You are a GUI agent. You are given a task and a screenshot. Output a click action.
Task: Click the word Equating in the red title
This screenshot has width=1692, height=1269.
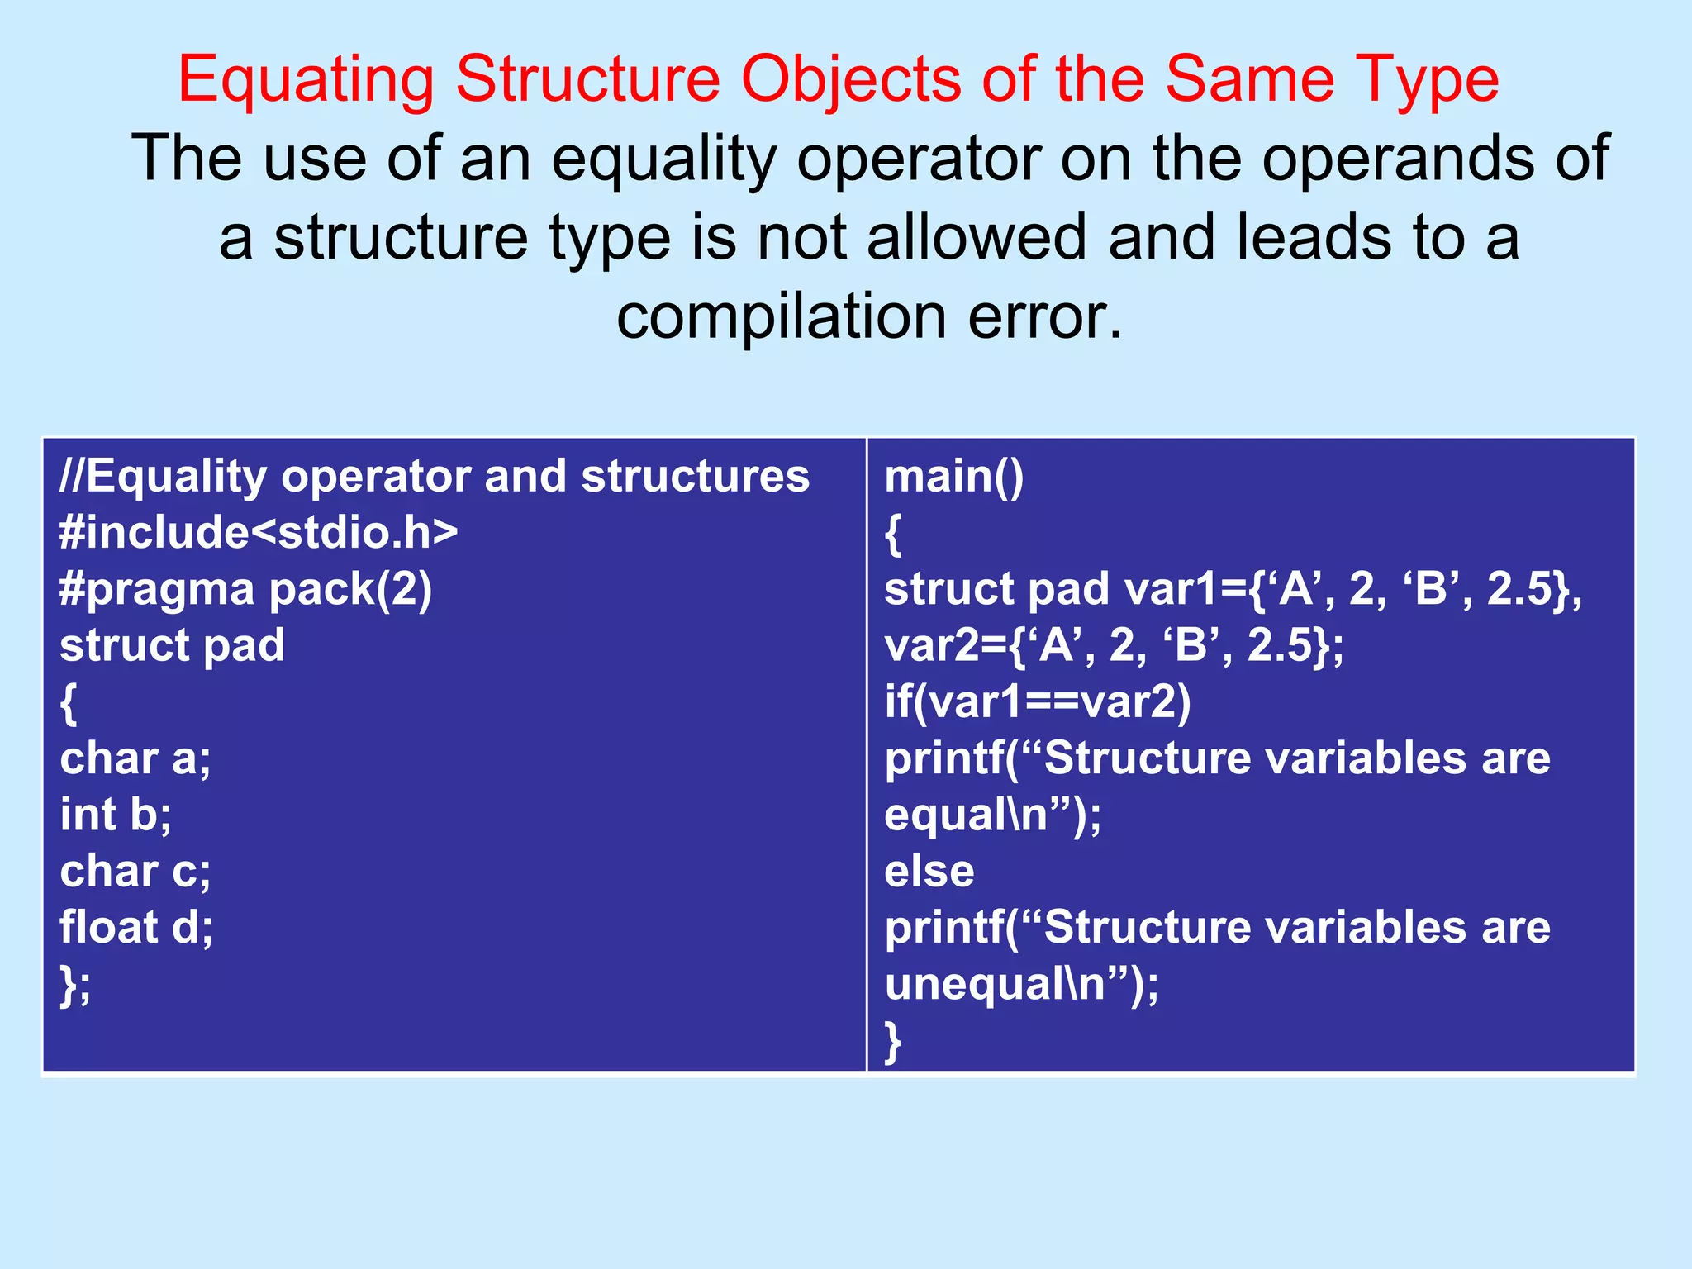click(306, 80)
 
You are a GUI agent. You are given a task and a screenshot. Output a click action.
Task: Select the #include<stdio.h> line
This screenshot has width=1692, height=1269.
click(259, 532)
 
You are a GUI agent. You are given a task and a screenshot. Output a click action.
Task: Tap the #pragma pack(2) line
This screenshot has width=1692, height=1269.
click(245, 589)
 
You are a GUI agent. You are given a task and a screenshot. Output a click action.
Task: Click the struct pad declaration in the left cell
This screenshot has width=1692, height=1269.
click(172, 645)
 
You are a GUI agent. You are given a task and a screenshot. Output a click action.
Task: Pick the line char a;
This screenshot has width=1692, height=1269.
click(135, 758)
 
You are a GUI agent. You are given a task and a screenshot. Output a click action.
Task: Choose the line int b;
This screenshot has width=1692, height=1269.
click(116, 815)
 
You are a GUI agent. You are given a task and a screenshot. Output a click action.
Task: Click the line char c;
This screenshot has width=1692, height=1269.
click(135, 871)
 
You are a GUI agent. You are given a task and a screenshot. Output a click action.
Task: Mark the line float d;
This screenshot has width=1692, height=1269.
click(136, 927)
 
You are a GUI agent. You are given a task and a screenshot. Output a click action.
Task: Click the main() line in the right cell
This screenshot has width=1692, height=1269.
click(953, 477)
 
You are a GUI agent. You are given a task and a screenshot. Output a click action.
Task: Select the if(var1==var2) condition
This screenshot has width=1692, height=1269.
click(1037, 702)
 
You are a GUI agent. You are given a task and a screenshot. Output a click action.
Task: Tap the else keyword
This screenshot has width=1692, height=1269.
click(929, 871)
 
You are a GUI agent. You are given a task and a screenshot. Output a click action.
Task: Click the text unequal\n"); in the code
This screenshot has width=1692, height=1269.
click(1021, 984)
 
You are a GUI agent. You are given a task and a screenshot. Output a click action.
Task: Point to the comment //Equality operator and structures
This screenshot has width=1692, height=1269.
click(435, 477)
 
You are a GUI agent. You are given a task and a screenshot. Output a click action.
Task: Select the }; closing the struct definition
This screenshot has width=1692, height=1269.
click(75, 984)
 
